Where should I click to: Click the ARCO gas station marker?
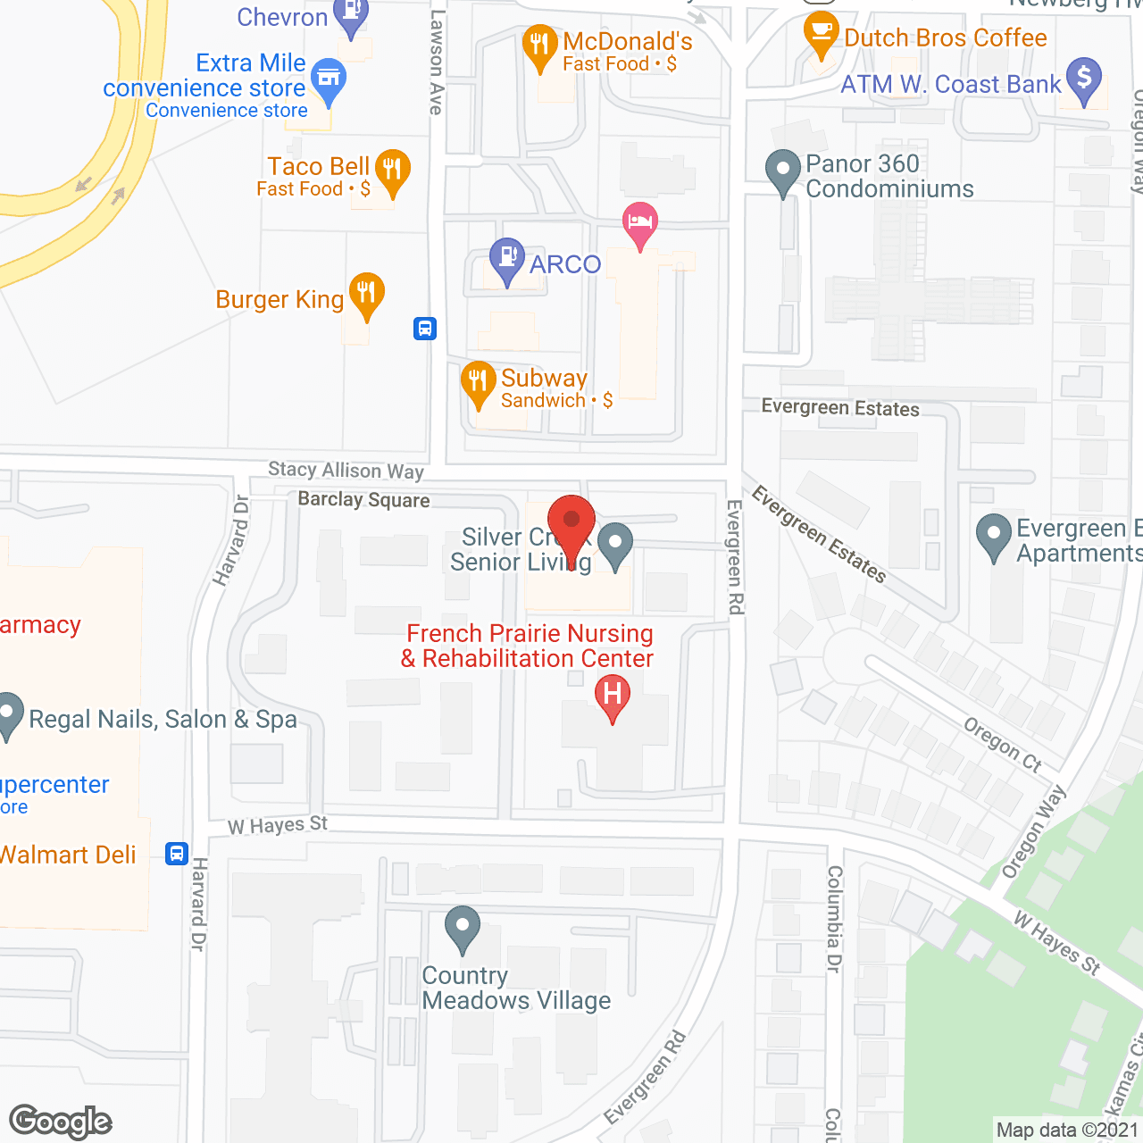tap(507, 258)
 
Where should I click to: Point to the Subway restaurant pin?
tap(478, 381)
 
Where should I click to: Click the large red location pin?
tap(571, 525)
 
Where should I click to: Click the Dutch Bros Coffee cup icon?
tap(821, 31)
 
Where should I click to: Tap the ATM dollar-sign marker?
tap(1084, 79)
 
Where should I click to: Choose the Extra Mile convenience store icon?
tap(330, 80)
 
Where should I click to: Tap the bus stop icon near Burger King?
tap(425, 329)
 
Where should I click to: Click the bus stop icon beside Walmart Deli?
tap(177, 854)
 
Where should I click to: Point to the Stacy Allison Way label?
tap(346, 471)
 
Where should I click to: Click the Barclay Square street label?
tap(363, 500)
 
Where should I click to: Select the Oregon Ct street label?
tap(1003, 744)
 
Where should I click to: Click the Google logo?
tap(61, 1122)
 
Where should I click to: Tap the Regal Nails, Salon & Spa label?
tap(163, 720)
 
